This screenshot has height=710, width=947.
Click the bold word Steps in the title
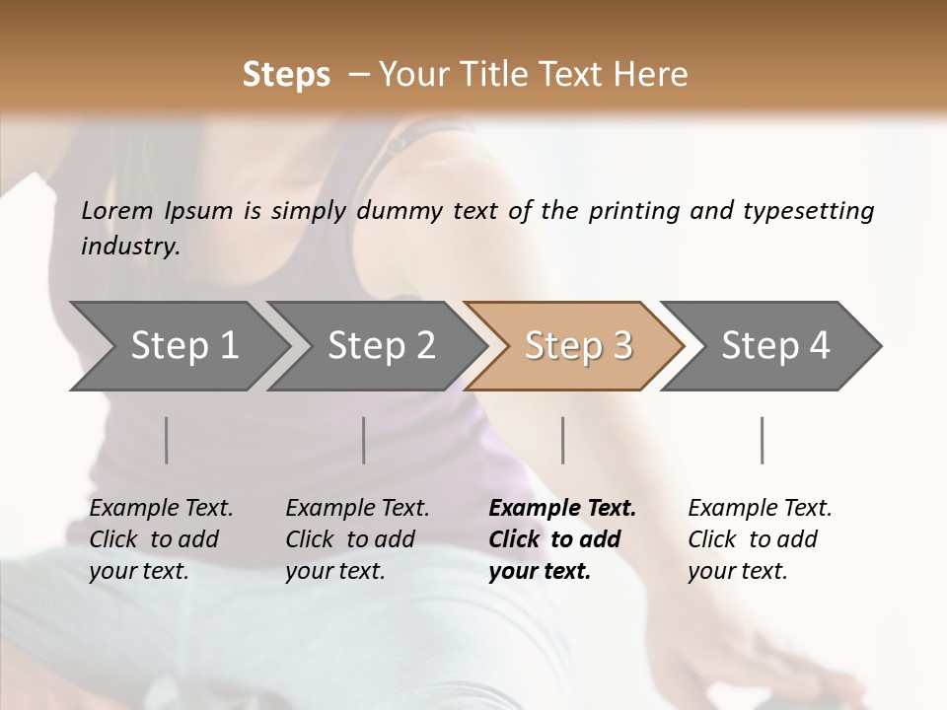(286, 74)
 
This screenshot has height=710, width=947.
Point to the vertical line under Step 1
(167, 440)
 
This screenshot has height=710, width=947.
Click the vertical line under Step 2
(364, 440)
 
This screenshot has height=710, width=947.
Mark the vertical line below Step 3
(563, 440)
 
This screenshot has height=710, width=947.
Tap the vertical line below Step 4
(763, 440)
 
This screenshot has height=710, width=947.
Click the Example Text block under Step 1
(161, 539)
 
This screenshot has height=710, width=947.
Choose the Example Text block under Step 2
(357, 539)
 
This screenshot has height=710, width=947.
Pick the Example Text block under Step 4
(760, 539)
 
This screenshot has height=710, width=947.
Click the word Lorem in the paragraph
(117, 211)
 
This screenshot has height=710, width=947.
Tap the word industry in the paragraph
(129, 247)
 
